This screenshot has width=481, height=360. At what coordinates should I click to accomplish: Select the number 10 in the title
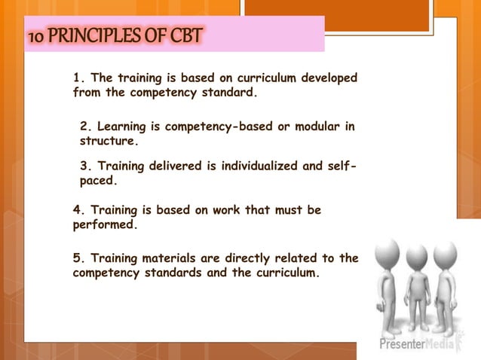point(37,35)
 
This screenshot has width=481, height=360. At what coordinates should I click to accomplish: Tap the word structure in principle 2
point(109,141)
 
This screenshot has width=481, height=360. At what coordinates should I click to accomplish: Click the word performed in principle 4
point(105,225)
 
